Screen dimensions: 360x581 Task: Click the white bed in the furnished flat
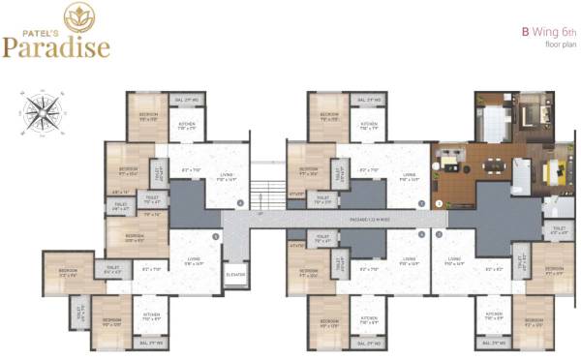pyautogui.click(x=493, y=123)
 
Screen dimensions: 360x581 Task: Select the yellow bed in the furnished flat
pyautogui.click(x=556, y=175)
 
